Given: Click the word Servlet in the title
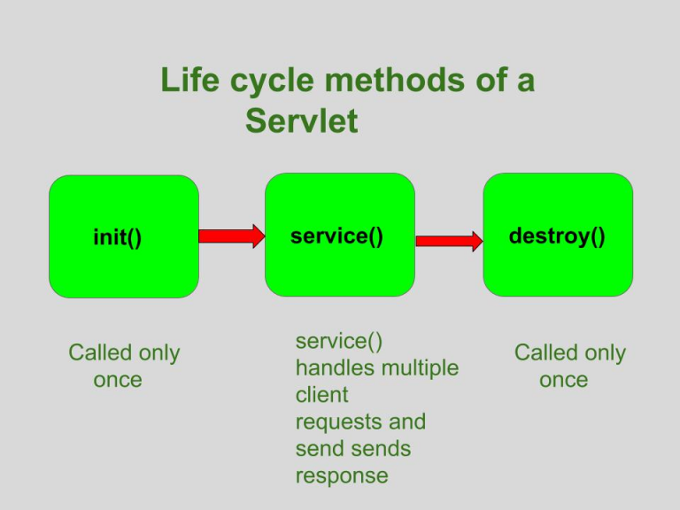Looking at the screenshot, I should pos(302,120).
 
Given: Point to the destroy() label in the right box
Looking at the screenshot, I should pos(557,236).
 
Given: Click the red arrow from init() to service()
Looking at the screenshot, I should pos(231,236).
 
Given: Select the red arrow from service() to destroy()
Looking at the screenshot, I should pos(449,240).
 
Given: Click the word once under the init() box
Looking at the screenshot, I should pos(118,380).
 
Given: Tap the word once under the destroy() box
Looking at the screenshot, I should pos(564,380).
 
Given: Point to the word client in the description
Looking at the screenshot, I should pos(322,394).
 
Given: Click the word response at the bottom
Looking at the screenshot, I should pos(342,475).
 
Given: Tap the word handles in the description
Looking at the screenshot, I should pos(333,367).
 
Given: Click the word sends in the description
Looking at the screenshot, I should pos(382,448).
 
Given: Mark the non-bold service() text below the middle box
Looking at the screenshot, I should pos(338,340).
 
